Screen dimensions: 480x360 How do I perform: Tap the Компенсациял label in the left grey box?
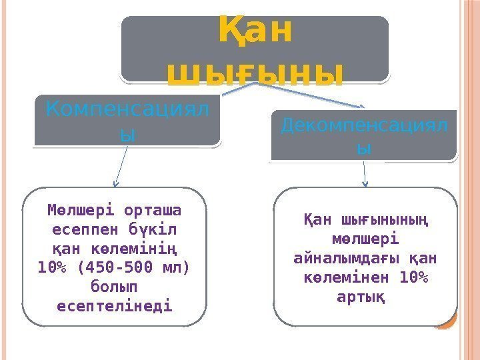point(127,107)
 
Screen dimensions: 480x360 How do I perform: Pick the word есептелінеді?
point(115,307)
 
